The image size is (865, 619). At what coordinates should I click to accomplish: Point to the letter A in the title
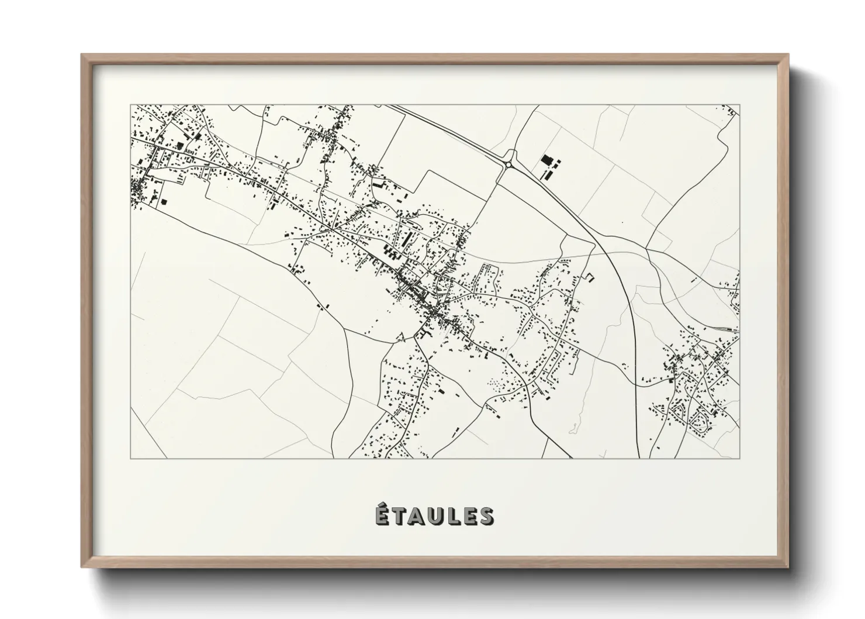click(x=416, y=517)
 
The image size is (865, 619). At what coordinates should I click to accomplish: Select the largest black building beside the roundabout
click(x=547, y=160)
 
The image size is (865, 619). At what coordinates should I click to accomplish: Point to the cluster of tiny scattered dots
click(x=497, y=384)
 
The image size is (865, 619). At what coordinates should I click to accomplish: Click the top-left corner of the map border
click(x=130, y=105)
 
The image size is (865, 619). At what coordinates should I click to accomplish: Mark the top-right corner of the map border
click(x=739, y=105)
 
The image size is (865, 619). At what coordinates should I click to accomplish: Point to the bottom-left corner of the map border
click(x=130, y=458)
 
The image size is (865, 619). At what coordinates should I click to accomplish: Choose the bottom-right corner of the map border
click(x=739, y=458)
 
